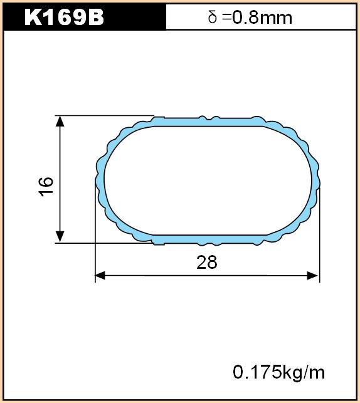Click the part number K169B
point(64,18)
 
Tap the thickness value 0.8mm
point(262,18)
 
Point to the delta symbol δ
point(213,17)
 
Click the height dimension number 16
point(46,187)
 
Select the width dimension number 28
point(207,263)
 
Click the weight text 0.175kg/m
point(278,372)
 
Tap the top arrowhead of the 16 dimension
point(60,121)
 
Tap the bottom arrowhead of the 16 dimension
point(60,237)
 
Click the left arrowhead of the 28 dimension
point(100,276)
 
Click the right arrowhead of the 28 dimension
point(313,276)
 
